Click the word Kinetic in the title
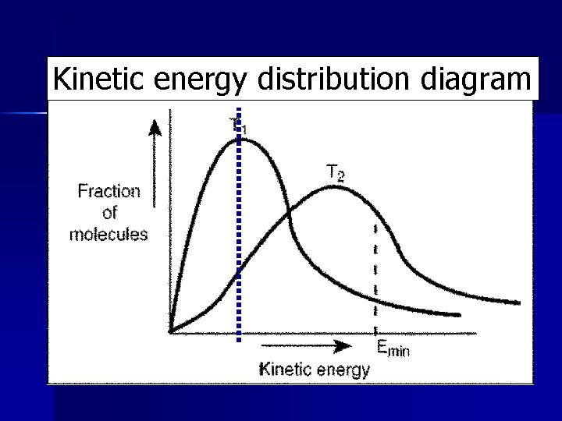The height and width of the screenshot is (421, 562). (93, 79)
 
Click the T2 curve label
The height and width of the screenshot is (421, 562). (335, 172)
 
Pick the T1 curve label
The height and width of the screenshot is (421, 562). (238, 124)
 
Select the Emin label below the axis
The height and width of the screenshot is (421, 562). (393, 349)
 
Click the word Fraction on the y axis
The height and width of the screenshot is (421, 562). (108, 191)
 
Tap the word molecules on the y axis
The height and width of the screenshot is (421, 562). (108, 234)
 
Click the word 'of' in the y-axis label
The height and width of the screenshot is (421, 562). (109, 213)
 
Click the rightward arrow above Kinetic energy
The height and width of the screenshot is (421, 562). (304, 345)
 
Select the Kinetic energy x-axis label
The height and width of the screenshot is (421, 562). (314, 370)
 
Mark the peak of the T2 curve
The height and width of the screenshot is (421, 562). (332, 187)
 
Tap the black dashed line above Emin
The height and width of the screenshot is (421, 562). (375, 273)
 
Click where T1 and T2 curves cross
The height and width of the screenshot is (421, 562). (290, 212)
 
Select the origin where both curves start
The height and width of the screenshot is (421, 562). (171, 331)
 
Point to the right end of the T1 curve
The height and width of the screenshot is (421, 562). (459, 316)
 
